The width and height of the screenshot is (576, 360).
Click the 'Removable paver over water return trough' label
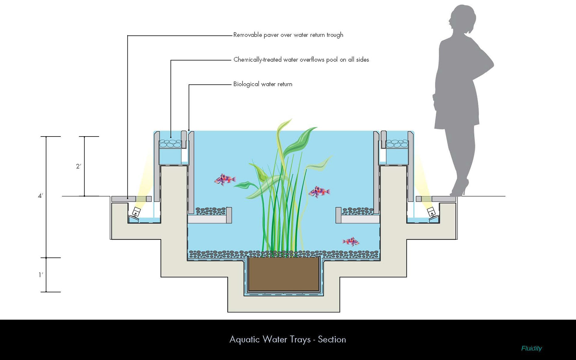point(288,35)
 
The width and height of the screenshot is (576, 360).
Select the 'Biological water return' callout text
point(262,84)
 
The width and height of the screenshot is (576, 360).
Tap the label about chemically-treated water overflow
point(301,60)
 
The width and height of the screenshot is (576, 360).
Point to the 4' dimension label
point(40,196)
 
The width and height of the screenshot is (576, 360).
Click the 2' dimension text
point(78,166)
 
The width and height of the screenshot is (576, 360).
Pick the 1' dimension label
point(41,275)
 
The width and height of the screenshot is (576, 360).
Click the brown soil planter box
point(283,274)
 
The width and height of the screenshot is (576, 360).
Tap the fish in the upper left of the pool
point(224,179)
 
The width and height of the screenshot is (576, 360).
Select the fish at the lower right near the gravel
point(351,241)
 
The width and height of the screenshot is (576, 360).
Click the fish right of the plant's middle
point(319,192)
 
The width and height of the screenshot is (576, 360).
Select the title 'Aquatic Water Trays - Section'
point(287,339)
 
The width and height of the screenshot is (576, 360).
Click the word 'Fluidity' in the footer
point(531,348)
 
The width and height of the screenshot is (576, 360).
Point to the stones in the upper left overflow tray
point(170,144)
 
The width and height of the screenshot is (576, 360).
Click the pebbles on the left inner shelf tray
point(210,211)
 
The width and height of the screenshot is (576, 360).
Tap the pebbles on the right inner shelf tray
point(357,211)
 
